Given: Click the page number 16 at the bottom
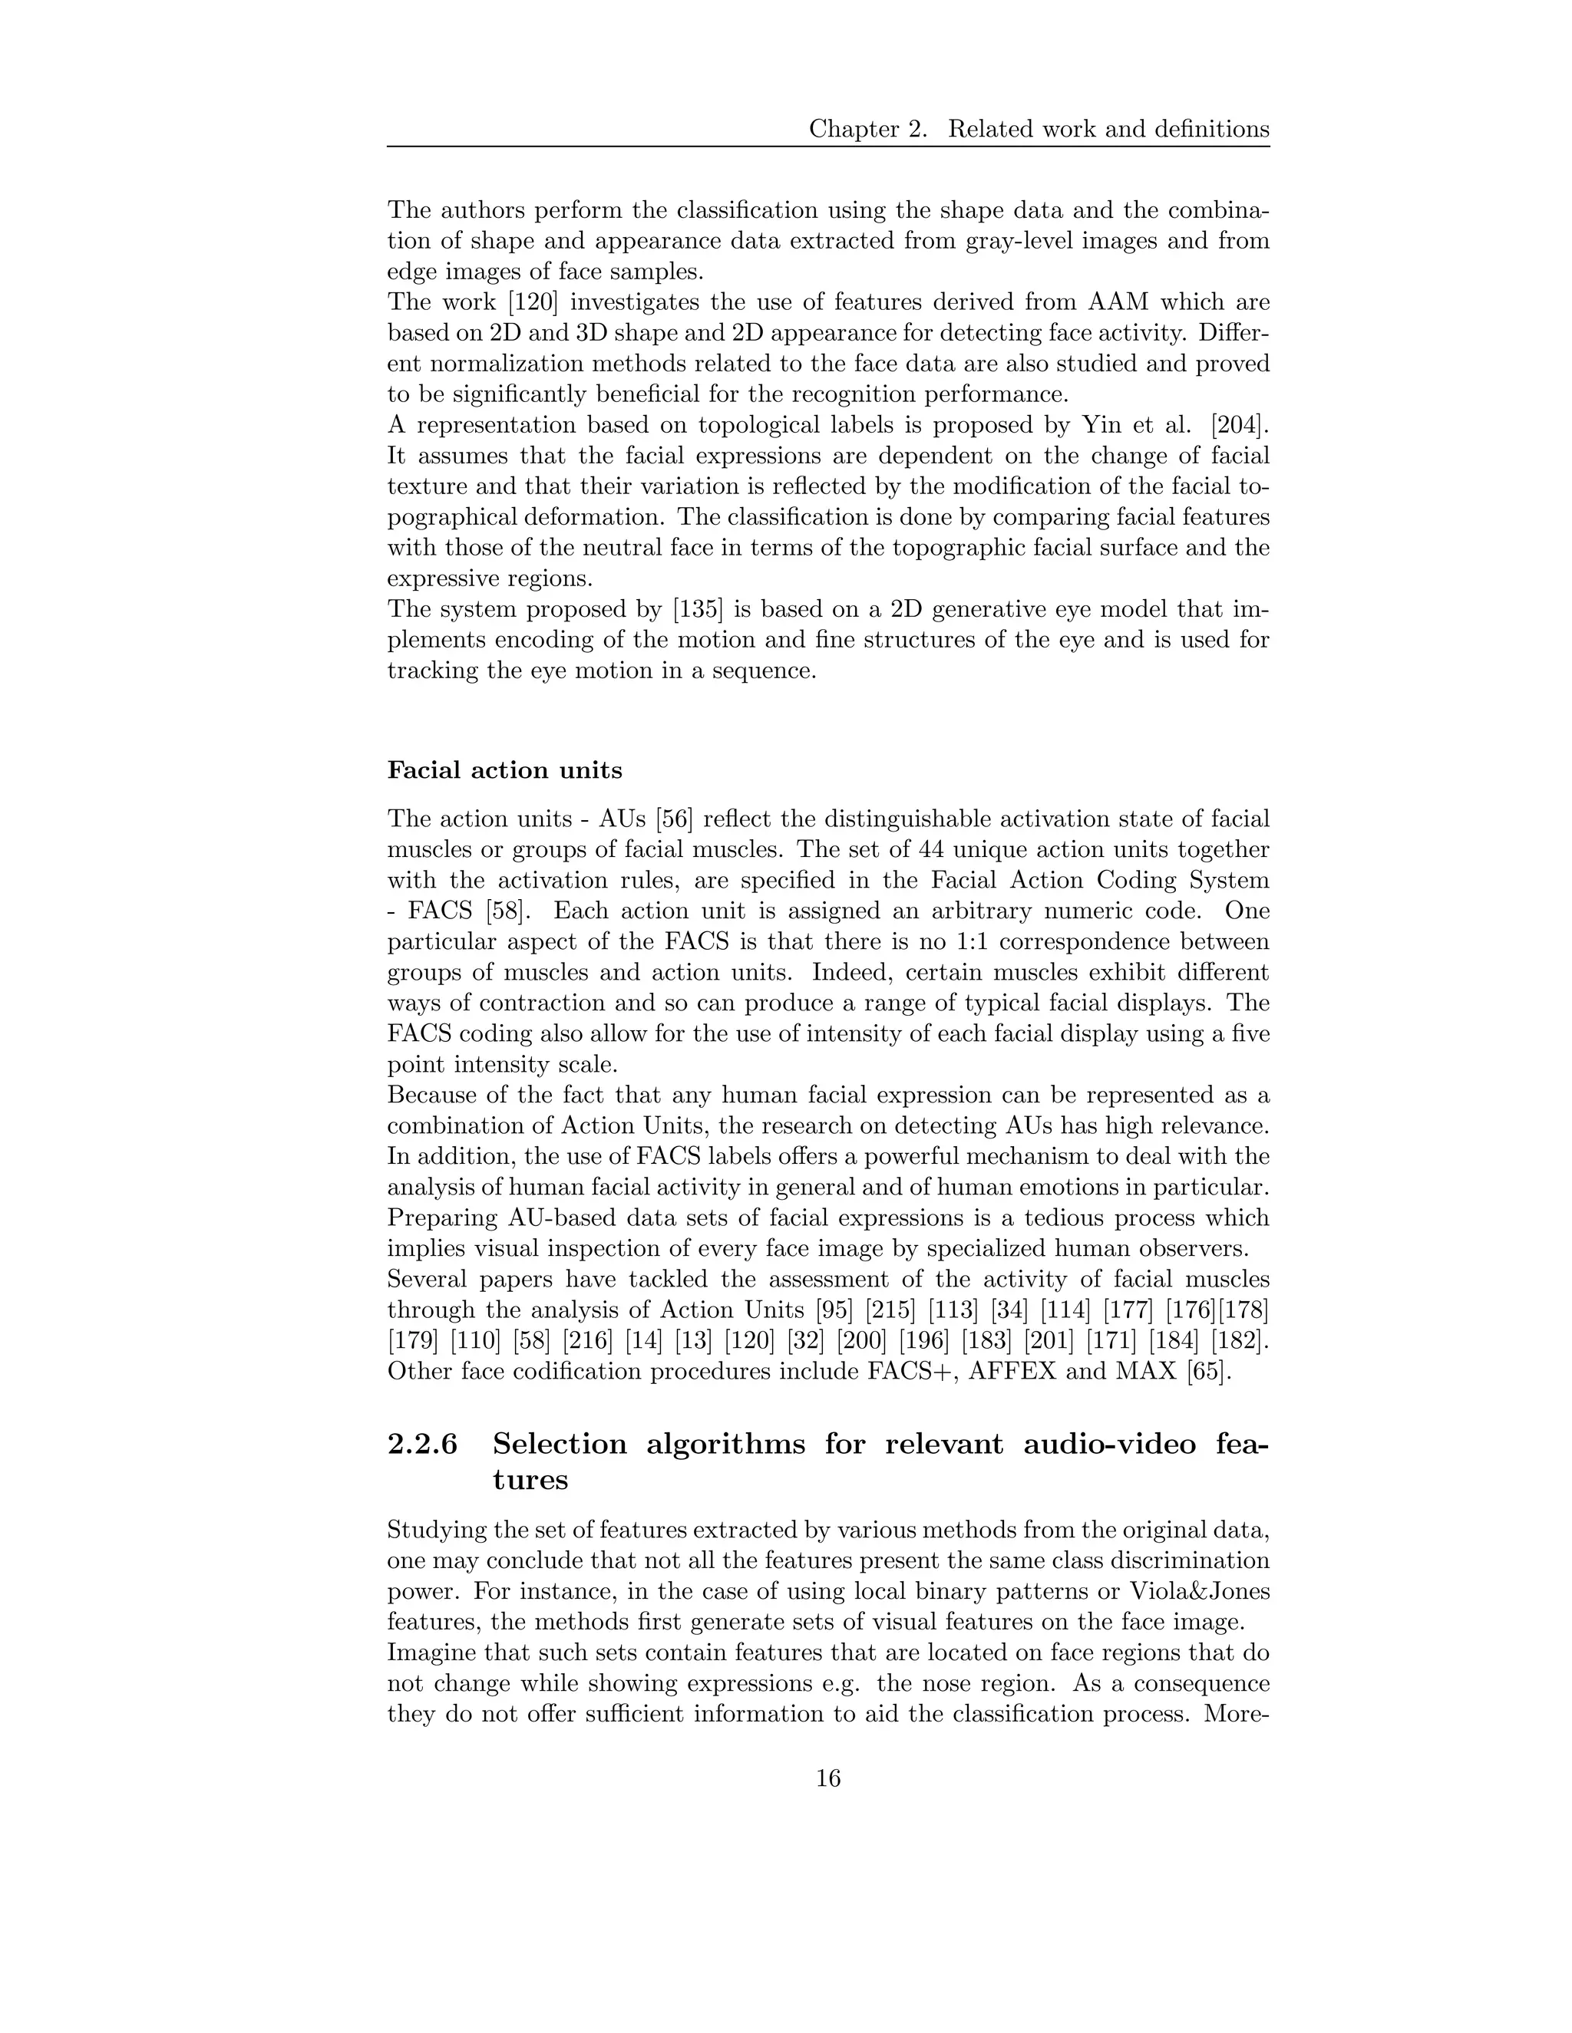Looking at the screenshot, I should (x=828, y=1779).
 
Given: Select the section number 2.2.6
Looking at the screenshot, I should (x=423, y=1444).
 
